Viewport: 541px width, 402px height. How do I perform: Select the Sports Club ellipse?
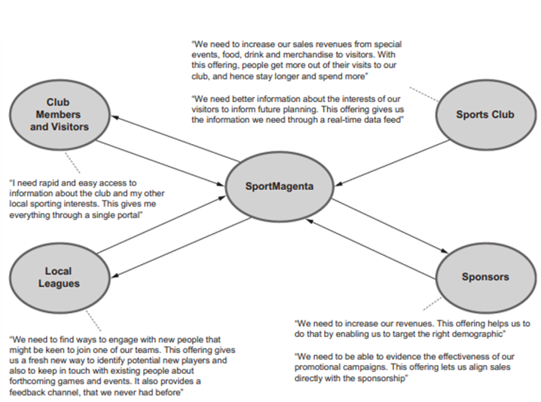(484, 115)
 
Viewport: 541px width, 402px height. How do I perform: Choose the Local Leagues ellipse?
(58, 277)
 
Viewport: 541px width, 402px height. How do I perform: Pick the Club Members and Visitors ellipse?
(58, 114)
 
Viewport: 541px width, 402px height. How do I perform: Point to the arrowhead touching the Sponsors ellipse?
(444, 255)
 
